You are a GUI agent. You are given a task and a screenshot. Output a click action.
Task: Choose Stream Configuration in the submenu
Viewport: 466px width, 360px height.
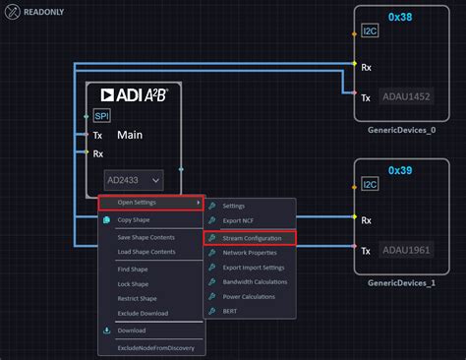(x=252, y=237)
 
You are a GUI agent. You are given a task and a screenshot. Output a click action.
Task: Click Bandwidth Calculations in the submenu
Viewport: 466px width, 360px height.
(x=256, y=281)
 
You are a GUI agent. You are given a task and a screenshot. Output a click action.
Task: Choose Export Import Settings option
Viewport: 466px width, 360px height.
(x=256, y=268)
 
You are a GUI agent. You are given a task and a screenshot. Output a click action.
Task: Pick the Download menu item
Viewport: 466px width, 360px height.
(x=132, y=330)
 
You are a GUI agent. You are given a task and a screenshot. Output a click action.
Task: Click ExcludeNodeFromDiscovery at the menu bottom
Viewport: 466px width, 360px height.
(x=155, y=348)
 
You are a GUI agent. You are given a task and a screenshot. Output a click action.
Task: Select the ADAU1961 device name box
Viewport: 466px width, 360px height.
(x=408, y=251)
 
